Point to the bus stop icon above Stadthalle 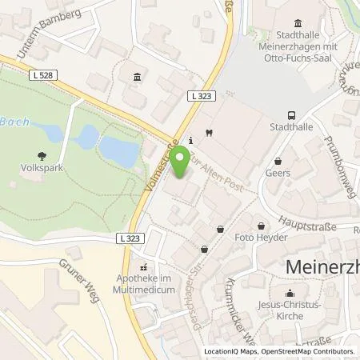[x=290, y=114]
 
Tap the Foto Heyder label [x=256, y=238]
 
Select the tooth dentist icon [x=208, y=132]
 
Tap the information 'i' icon [x=190, y=139]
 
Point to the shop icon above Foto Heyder [x=262, y=225]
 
